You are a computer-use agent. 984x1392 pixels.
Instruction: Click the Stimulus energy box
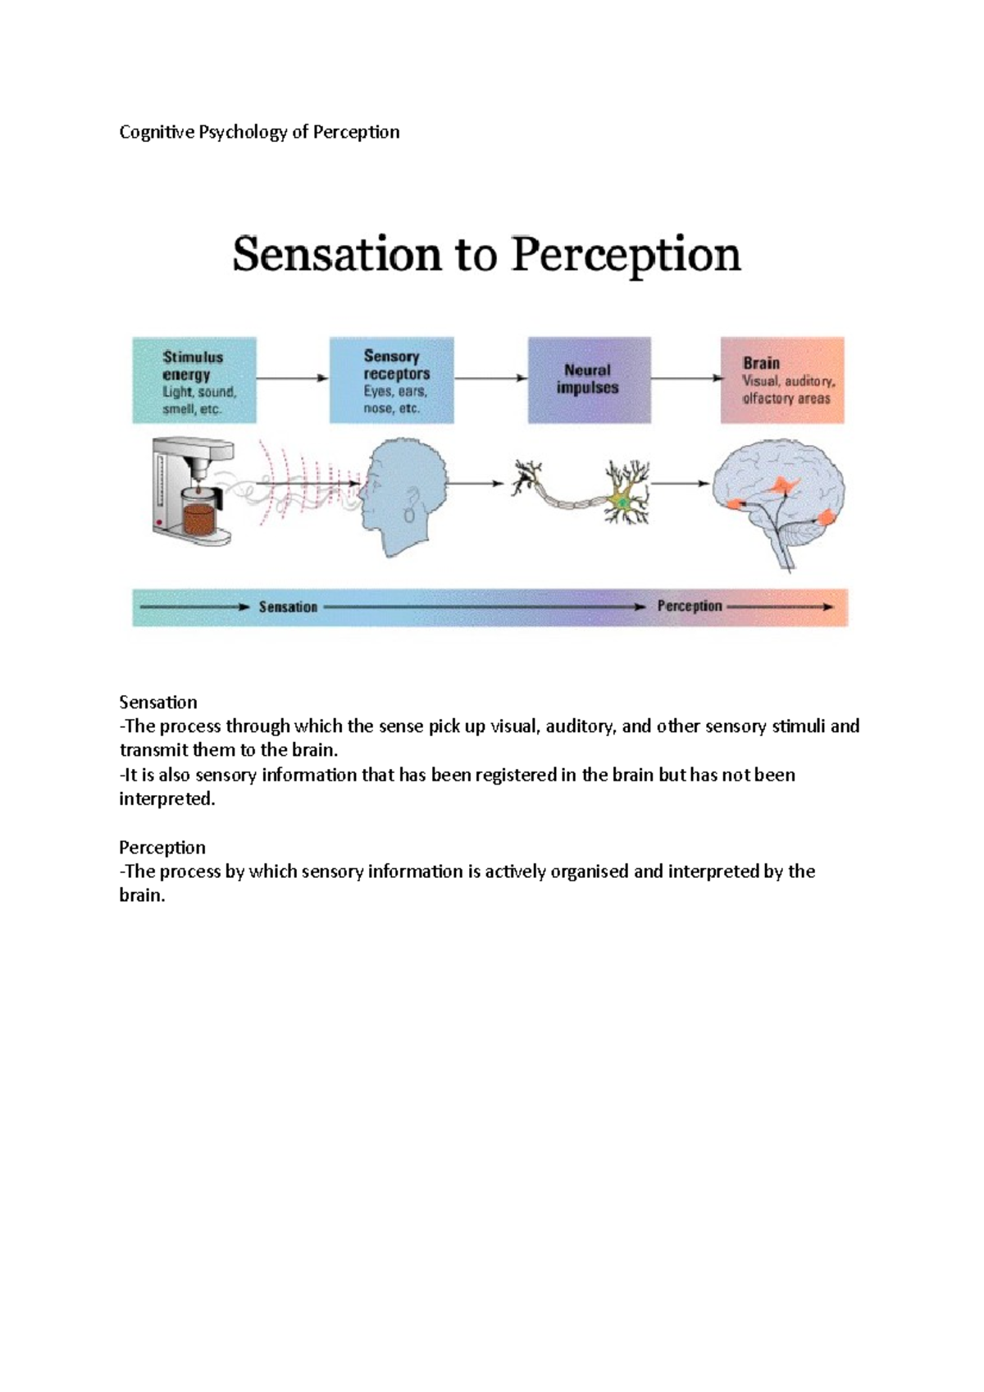coord(194,380)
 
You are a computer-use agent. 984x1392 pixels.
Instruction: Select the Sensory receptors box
coord(392,380)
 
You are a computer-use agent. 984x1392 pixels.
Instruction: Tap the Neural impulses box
coord(589,380)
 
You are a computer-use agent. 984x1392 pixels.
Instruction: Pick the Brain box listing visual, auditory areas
coord(782,380)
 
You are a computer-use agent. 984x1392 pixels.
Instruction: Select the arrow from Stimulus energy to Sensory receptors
coord(293,378)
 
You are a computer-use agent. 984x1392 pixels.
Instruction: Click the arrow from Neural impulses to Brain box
coord(686,378)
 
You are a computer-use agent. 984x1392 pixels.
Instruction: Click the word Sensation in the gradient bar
coord(288,607)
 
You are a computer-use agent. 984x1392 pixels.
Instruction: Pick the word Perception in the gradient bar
coord(690,607)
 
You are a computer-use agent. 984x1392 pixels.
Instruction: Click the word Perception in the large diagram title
coord(626,254)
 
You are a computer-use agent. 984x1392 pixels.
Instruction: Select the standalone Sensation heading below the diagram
coord(158,703)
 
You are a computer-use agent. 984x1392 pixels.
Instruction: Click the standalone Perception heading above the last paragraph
coord(162,848)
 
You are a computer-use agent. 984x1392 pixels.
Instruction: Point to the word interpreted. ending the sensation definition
coord(167,799)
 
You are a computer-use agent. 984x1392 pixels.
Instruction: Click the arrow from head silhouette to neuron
coord(476,484)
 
